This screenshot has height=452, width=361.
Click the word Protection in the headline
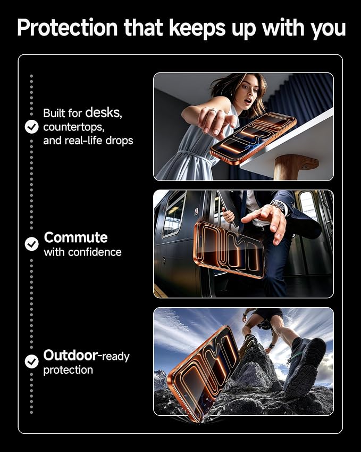point(68,28)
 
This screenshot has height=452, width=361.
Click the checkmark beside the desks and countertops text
point(31,127)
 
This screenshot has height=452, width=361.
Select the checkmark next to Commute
point(31,244)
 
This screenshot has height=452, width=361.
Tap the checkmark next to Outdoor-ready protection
point(31,361)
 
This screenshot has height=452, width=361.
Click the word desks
point(104,112)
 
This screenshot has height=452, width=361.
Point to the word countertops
point(74,127)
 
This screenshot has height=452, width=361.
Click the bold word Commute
point(75,237)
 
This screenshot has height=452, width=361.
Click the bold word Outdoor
point(71,355)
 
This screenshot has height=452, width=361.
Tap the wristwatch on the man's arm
point(279,207)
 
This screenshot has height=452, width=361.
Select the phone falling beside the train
point(229,249)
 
